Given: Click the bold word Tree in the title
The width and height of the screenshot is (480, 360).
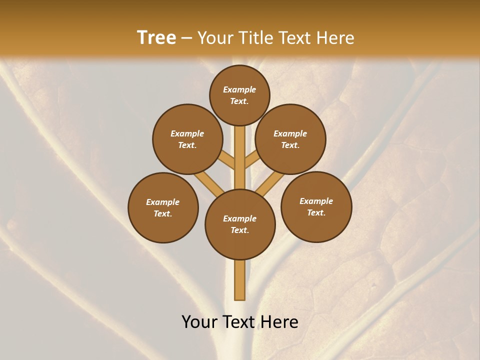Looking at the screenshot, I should (x=156, y=37).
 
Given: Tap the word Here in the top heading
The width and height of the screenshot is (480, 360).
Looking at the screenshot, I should (x=335, y=38).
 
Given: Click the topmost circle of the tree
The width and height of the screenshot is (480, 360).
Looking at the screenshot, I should (x=239, y=95).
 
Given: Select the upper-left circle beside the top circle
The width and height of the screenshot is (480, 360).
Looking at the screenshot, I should (x=187, y=139).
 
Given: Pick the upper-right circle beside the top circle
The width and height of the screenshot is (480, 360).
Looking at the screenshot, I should (x=290, y=139).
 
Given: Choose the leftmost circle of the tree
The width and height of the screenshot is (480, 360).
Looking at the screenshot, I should (x=163, y=207).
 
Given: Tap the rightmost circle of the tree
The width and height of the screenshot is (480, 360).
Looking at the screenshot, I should (x=316, y=206).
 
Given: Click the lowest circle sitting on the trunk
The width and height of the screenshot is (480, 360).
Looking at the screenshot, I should (x=240, y=224).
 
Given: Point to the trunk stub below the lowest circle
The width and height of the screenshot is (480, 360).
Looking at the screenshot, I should (x=240, y=280).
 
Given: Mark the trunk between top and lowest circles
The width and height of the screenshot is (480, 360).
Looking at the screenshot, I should (x=240, y=157).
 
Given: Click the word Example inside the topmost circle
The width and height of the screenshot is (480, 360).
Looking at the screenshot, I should (x=239, y=89).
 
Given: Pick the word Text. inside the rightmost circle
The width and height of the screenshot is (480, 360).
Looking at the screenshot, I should (x=316, y=212).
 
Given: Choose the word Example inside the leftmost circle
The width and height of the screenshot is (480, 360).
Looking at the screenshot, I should (x=163, y=202).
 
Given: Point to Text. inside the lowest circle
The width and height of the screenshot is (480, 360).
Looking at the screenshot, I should (x=239, y=230).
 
